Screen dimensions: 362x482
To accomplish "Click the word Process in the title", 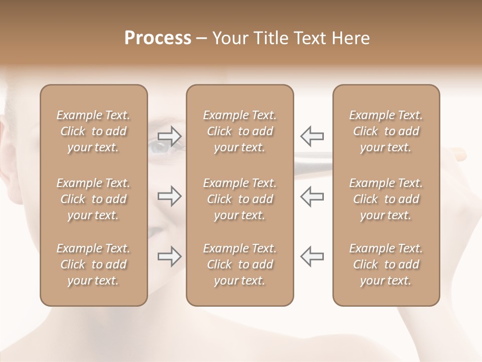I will click(158, 38).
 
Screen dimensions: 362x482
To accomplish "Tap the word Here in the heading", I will click(350, 38).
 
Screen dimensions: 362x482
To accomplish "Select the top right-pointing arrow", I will click(170, 135).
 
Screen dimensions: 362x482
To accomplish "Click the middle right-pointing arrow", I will click(170, 196).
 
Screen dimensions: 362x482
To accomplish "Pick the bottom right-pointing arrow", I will click(170, 256).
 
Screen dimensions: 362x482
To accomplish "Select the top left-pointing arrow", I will click(312, 135).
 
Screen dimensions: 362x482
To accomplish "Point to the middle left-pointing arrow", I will click(312, 196).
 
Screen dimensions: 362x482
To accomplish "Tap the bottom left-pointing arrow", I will click(312, 256).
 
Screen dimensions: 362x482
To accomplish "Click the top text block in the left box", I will click(93, 131).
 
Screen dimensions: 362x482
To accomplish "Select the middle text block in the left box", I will click(93, 199).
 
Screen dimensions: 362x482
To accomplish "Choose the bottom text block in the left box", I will click(93, 264).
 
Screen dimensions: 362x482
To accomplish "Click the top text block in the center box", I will click(240, 131).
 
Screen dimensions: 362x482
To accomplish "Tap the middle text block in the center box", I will click(240, 199).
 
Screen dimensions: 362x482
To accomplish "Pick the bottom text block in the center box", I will click(240, 264).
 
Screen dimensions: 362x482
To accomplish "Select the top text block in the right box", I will click(386, 131).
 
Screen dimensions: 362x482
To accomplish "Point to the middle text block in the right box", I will click(386, 199).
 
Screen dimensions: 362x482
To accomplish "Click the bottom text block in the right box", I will click(386, 264).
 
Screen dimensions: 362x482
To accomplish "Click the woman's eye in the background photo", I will click(160, 146).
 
